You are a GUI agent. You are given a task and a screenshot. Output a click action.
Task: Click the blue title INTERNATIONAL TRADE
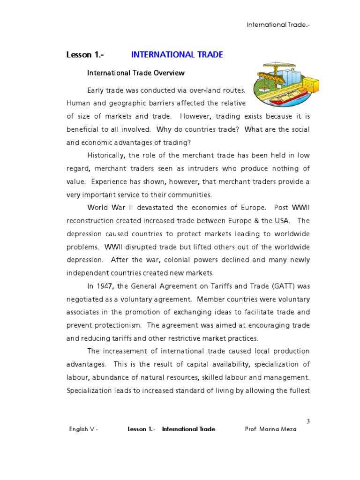(177, 55)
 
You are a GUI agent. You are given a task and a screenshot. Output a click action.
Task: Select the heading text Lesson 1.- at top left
(85, 55)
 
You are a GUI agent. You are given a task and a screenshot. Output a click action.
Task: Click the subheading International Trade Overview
(136, 73)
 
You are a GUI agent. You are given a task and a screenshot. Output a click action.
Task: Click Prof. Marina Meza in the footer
(270, 429)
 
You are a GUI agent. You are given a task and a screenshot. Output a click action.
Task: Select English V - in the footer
(83, 429)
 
